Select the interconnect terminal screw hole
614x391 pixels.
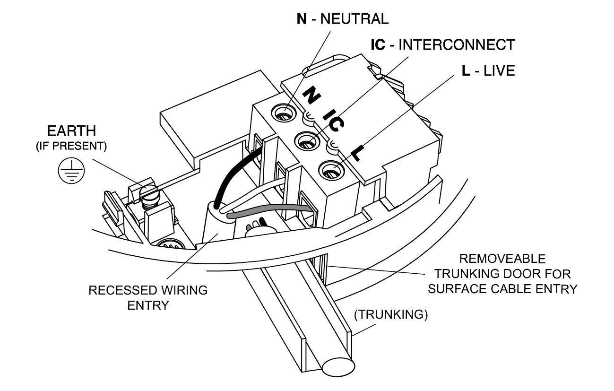pos(305,141)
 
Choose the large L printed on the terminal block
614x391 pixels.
pos(358,151)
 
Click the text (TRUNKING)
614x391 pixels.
pos(390,315)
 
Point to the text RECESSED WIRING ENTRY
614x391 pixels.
pos(148,297)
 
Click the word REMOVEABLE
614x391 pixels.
pos(503,259)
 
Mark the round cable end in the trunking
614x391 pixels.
pos(338,367)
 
